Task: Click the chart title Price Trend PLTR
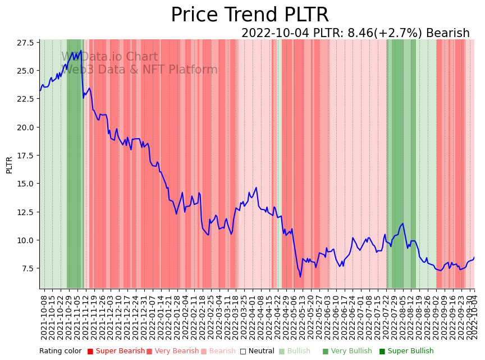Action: (x=249, y=15)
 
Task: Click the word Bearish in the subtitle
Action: (x=447, y=33)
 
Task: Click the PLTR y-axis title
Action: (x=9, y=165)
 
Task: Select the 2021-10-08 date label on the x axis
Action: (x=44, y=317)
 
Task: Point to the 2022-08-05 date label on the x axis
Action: (x=399, y=317)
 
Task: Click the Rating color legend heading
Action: (x=60, y=351)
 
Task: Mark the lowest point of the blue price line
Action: (x=300, y=277)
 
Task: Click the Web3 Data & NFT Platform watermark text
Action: (x=139, y=70)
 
